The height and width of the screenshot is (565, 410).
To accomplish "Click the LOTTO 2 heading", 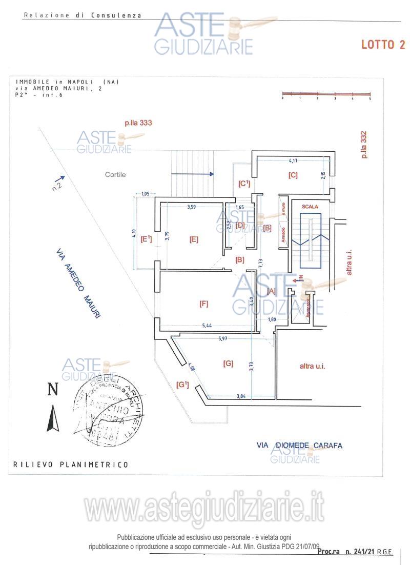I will (383, 45).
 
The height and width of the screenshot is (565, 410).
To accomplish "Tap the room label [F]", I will (203, 304).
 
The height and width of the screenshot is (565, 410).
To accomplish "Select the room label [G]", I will (228, 364).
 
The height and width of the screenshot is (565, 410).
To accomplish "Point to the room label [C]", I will (293, 175).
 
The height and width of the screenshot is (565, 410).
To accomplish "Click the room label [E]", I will (194, 239).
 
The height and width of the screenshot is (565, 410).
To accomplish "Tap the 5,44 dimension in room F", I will (208, 326).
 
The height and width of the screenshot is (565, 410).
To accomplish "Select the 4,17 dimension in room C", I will (293, 160).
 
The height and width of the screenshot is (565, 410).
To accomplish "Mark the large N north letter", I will (52, 390).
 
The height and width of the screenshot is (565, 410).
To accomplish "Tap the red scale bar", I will (326, 94).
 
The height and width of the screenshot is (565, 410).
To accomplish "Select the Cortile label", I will (115, 174).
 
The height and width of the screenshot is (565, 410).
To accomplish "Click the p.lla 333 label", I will (139, 123).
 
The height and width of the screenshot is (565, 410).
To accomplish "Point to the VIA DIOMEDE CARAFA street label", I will (299, 446).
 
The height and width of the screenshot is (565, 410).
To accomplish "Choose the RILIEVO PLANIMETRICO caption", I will (71, 465).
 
